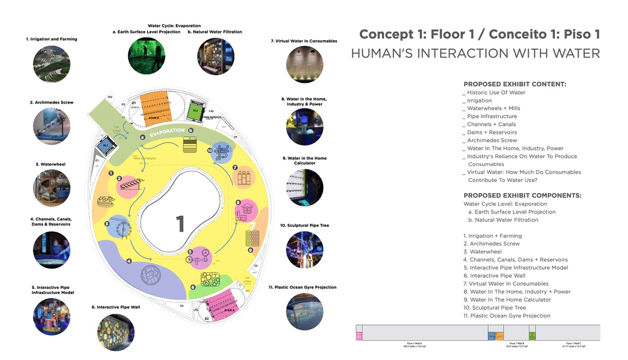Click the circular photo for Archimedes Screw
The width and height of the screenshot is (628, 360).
[x=52, y=126]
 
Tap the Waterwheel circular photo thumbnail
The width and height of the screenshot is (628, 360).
[x=52, y=188]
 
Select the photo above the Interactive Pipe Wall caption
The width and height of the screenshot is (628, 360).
[x=116, y=332]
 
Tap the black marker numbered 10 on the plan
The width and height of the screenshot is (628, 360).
[x=210, y=151]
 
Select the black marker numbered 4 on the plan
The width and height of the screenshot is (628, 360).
[x=129, y=261]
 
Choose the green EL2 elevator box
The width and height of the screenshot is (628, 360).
[x=195, y=111]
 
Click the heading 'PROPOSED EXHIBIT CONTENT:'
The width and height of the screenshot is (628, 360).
[x=515, y=84]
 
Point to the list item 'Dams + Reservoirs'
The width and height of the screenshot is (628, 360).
[x=492, y=132]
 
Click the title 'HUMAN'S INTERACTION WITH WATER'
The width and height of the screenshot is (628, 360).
[x=475, y=54]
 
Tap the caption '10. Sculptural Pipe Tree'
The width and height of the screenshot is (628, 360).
[x=305, y=226]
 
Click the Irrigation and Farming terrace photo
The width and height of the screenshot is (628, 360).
[x=52, y=63]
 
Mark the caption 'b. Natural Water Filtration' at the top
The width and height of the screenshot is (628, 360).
[x=215, y=32]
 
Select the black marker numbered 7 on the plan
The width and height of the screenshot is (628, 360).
[x=235, y=167]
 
